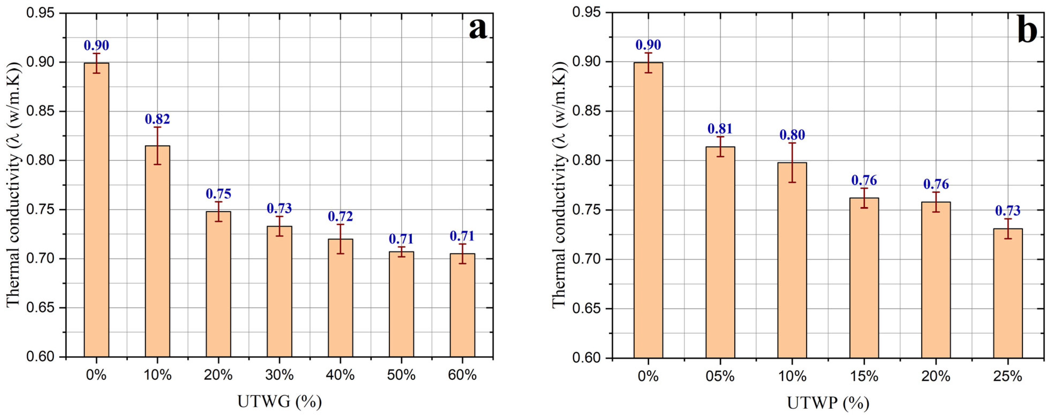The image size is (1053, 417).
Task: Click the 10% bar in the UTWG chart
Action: [x=157, y=251]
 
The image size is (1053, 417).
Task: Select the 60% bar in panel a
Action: [x=462, y=305]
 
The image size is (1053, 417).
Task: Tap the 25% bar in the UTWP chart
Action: [x=1008, y=293]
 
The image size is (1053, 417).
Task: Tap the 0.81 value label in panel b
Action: [x=720, y=129]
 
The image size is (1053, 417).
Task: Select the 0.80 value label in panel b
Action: [x=792, y=135]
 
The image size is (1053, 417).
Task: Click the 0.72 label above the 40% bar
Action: [x=340, y=216]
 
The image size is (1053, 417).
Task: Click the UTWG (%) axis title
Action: [x=280, y=402]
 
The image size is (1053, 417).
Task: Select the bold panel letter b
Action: [x=1026, y=29]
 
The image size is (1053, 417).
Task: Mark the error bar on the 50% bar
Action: [x=401, y=252]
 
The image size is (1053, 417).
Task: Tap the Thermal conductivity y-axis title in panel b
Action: [x=559, y=185]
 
